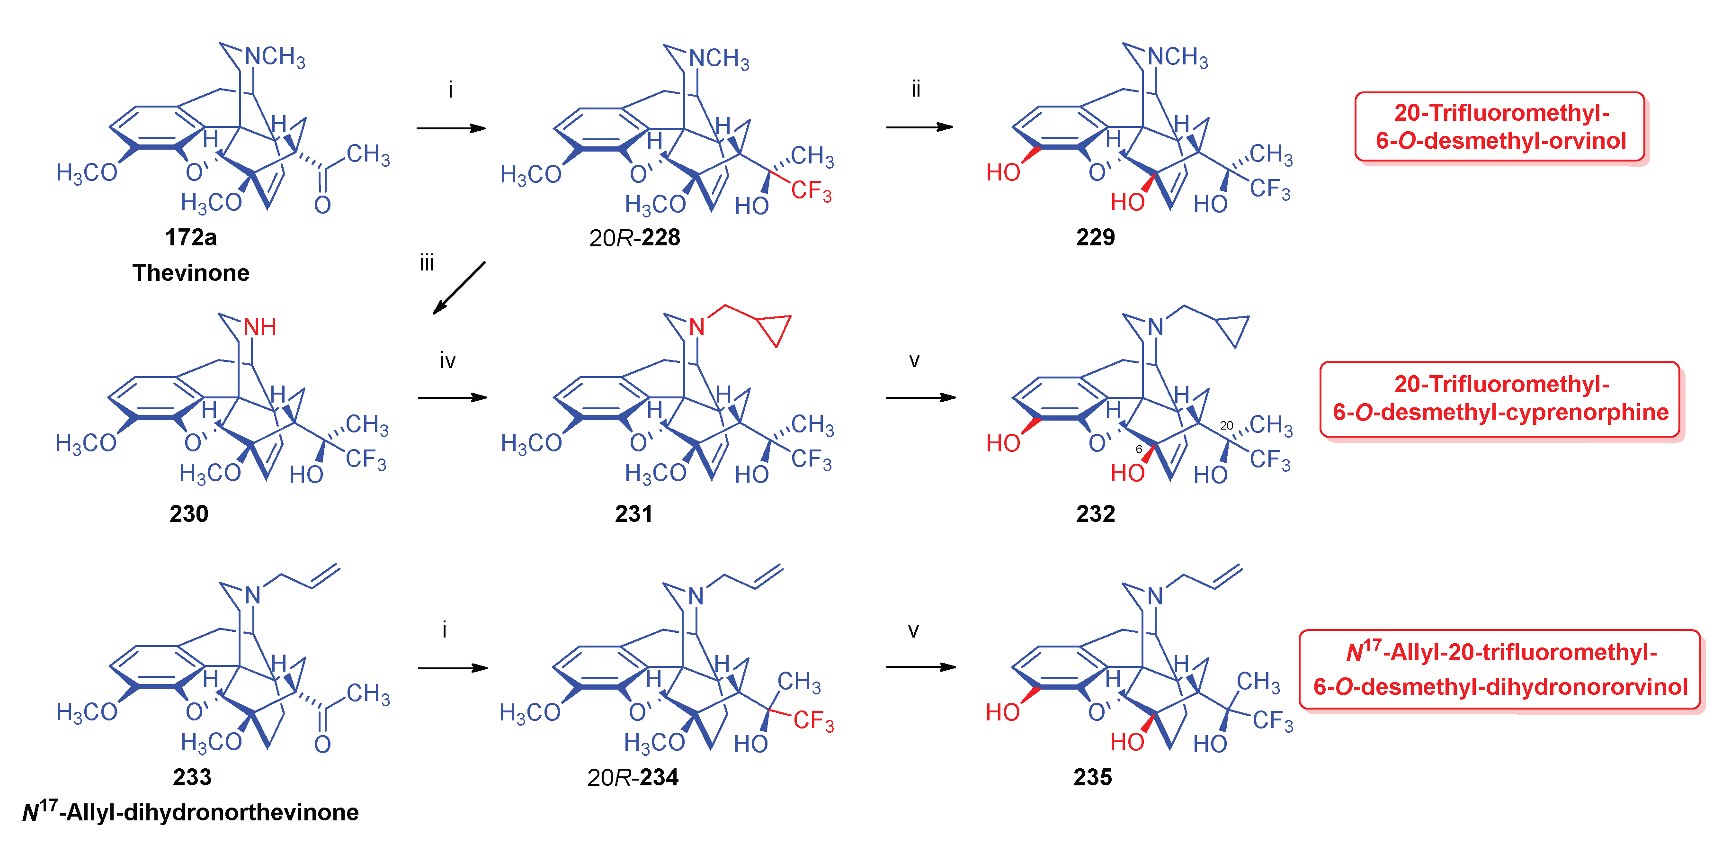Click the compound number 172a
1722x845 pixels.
click(190, 237)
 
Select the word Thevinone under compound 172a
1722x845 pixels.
click(190, 273)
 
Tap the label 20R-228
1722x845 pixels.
click(634, 238)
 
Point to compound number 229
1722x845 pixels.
click(1095, 237)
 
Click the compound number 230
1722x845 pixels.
click(188, 513)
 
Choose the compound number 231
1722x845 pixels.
click(633, 513)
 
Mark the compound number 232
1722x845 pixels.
click(1095, 513)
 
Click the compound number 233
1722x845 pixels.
click(192, 777)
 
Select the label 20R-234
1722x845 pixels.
click(633, 777)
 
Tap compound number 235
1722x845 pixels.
click(1092, 777)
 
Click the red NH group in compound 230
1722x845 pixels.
click(259, 327)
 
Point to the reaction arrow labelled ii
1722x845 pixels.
click(919, 127)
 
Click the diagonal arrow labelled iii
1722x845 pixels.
click(459, 288)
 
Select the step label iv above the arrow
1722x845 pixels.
click(447, 361)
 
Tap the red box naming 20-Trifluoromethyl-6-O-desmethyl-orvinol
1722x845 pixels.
click(1499, 127)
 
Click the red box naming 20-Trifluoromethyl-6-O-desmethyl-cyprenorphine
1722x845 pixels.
click(1499, 399)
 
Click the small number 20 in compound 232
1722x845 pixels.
click(1226, 425)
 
